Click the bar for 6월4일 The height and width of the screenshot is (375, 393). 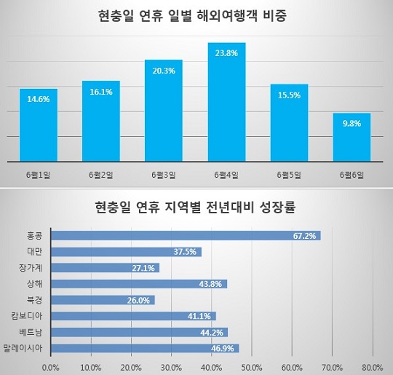226,102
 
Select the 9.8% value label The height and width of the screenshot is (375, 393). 352,123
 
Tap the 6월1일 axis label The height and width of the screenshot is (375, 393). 39,175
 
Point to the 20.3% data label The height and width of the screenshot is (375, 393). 164,71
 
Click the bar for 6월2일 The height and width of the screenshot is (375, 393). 101,121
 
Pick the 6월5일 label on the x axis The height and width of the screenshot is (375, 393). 289,175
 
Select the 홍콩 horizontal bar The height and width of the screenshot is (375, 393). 186,236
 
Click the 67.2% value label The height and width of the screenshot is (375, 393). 304,236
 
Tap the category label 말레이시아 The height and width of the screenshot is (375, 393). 23,348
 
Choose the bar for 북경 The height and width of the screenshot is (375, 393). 103,300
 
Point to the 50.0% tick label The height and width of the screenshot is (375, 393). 252,368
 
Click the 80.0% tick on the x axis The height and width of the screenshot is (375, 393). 373,368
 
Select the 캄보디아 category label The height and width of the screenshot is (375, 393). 27,316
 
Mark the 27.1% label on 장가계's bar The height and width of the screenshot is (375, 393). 143,268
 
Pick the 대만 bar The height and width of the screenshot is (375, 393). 126,252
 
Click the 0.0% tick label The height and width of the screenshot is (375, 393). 51,368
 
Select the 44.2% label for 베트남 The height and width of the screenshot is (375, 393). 212,333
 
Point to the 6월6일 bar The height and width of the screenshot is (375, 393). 352,137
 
